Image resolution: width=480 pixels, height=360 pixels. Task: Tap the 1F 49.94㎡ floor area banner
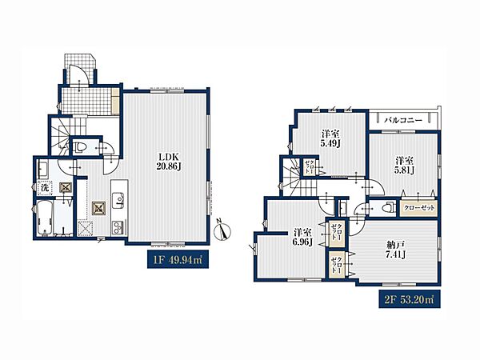pyautogui.click(x=178, y=259)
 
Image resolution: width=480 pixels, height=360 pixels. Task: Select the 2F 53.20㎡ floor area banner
pyautogui.click(x=410, y=298)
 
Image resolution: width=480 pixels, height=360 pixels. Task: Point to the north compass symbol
pyautogui.click(x=223, y=229)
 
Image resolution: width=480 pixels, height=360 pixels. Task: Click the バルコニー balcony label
pyautogui.click(x=403, y=120)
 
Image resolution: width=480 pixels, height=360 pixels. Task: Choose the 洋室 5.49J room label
pyautogui.click(x=330, y=138)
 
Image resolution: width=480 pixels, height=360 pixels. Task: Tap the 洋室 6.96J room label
pyautogui.click(x=302, y=237)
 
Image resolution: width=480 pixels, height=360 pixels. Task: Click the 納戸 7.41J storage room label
pyautogui.click(x=396, y=249)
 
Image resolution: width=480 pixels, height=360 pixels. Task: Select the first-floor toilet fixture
pyautogui.click(x=81, y=147)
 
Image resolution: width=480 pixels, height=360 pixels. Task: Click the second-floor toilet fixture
pyautogui.click(x=388, y=207)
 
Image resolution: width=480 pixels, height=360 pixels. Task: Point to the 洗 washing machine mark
pyautogui.click(x=45, y=188)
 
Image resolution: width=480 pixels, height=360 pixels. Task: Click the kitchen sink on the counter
pyautogui.click(x=118, y=200)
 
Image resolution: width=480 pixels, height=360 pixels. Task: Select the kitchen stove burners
pyautogui.click(x=118, y=227)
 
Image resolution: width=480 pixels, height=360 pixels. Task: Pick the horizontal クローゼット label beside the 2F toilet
pyautogui.click(x=419, y=208)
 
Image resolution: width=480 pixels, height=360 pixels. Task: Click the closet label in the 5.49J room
pyautogui.click(x=307, y=167)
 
